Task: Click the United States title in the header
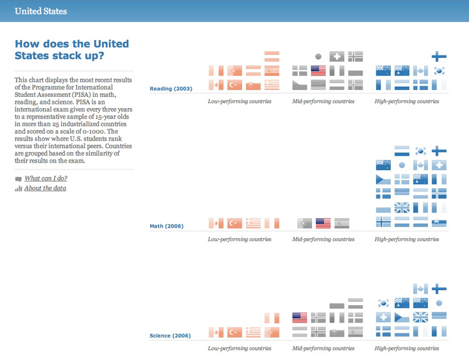pyautogui.click(x=41, y=11)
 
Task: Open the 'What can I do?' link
pyautogui.click(x=46, y=178)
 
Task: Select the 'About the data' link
pyautogui.click(x=45, y=188)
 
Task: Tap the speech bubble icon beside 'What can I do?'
pyautogui.click(x=18, y=179)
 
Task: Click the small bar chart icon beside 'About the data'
pyautogui.click(x=18, y=189)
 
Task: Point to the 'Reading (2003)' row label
pyautogui.click(x=171, y=89)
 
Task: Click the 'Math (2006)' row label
pyautogui.click(x=166, y=226)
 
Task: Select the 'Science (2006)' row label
pyautogui.click(x=170, y=336)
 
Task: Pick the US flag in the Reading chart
pyautogui.click(x=318, y=71)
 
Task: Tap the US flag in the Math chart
pyautogui.click(x=323, y=223)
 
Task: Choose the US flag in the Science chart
pyautogui.click(x=300, y=317)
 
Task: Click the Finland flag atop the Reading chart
pyautogui.click(x=439, y=56)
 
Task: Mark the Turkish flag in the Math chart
pyautogui.click(x=234, y=223)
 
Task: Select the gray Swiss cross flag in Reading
pyautogui.click(x=337, y=56)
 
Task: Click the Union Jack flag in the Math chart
pyautogui.click(x=402, y=207)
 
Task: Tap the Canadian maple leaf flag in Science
pyautogui.click(x=421, y=289)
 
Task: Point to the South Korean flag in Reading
pyautogui.click(x=439, y=71)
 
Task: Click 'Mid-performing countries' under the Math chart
pyautogui.click(x=323, y=239)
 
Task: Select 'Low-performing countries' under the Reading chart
pyautogui.click(x=240, y=101)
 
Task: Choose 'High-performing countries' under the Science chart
pyautogui.click(x=407, y=348)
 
